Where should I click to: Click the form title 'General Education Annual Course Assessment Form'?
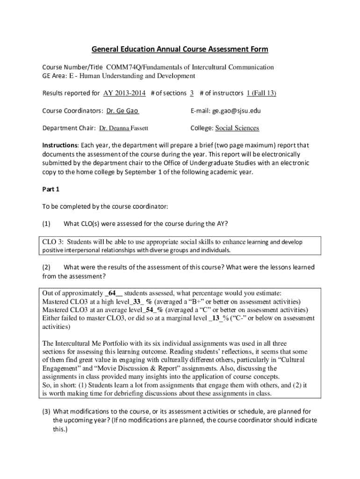(180, 49)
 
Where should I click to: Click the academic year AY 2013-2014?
(125, 93)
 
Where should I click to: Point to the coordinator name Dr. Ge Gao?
(122, 111)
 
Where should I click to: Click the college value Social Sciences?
(237, 128)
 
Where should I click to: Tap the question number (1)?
(47, 224)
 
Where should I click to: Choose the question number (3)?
(47, 412)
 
